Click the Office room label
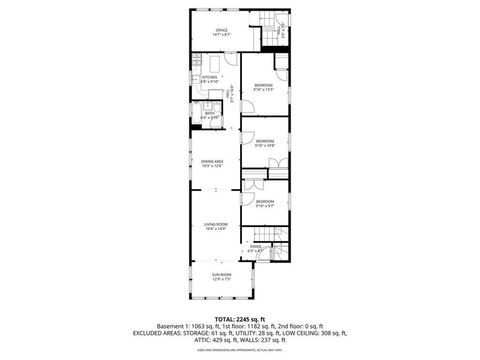tap(221, 32)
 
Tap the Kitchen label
tap(209, 79)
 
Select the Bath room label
tap(211, 115)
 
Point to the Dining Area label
tap(211, 163)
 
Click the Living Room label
tap(216, 226)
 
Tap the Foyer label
tap(256, 247)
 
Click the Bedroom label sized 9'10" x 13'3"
tap(263, 88)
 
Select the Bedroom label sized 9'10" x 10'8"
tap(264, 142)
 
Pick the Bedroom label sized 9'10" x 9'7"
tap(264, 204)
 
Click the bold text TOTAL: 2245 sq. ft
tap(239, 318)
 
